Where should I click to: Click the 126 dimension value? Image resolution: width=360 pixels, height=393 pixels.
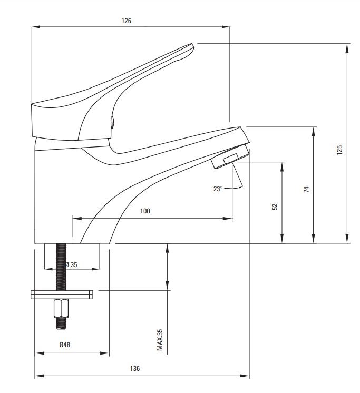pyautogui.click(x=127, y=21)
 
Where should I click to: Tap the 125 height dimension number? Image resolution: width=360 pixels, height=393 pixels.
pyautogui.click(x=339, y=150)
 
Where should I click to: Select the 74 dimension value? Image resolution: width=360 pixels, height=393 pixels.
pyautogui.click(x=306, y=189)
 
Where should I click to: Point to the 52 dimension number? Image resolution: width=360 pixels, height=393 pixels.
pyautogui.click(x=275, y=207)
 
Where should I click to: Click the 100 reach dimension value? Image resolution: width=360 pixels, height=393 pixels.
pyautogui.click(x=145, y=211)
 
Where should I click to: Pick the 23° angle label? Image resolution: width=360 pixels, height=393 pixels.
pyautogui.click(x=218, y=189)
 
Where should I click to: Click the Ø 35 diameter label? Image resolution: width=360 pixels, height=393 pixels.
pyautogui.click(x=71, y=264)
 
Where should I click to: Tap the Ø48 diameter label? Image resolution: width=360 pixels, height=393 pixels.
pyautogui.click(x=65, y=345)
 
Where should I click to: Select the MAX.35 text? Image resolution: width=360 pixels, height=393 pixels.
pyautogui.click(x=160, y=340)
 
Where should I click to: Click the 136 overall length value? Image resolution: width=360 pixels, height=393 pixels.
pyautogui.click(x=135, y=368)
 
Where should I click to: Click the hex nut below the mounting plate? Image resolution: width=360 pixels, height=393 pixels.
pyautogui.click(x=61, y=308)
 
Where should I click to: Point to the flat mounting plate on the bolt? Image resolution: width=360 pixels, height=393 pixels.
pyautogui.click(x=62, y=294)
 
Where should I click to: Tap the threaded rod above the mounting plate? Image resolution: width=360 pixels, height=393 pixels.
pyautogui.click(x=61, y=267)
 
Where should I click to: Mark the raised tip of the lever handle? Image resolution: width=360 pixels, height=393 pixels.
pyautogui.click(x=192, y=45)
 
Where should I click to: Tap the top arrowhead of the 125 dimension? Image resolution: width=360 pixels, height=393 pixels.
pyautogui.click(x=347, y=48)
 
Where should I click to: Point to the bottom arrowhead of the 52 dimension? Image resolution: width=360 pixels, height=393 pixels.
pyautogui.click(x=282, y=238)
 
